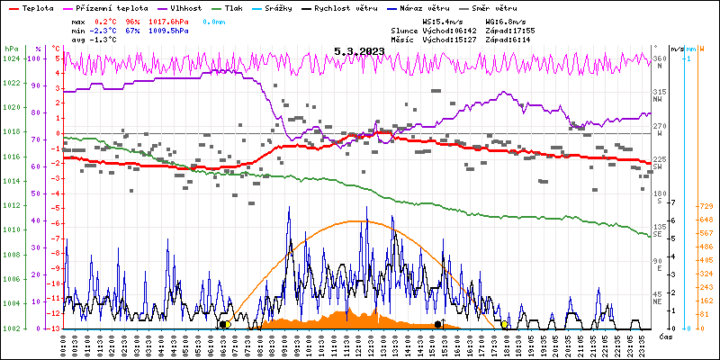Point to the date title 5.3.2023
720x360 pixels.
[x=359, y=51]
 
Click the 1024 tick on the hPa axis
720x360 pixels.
[x=11, y=58]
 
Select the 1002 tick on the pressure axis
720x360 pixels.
[x=11, y=328]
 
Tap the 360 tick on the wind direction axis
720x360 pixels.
[x=659, y=58]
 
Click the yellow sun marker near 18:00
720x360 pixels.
[x=505, y=324]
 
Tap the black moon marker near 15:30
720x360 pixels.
[x=438, y=324]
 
